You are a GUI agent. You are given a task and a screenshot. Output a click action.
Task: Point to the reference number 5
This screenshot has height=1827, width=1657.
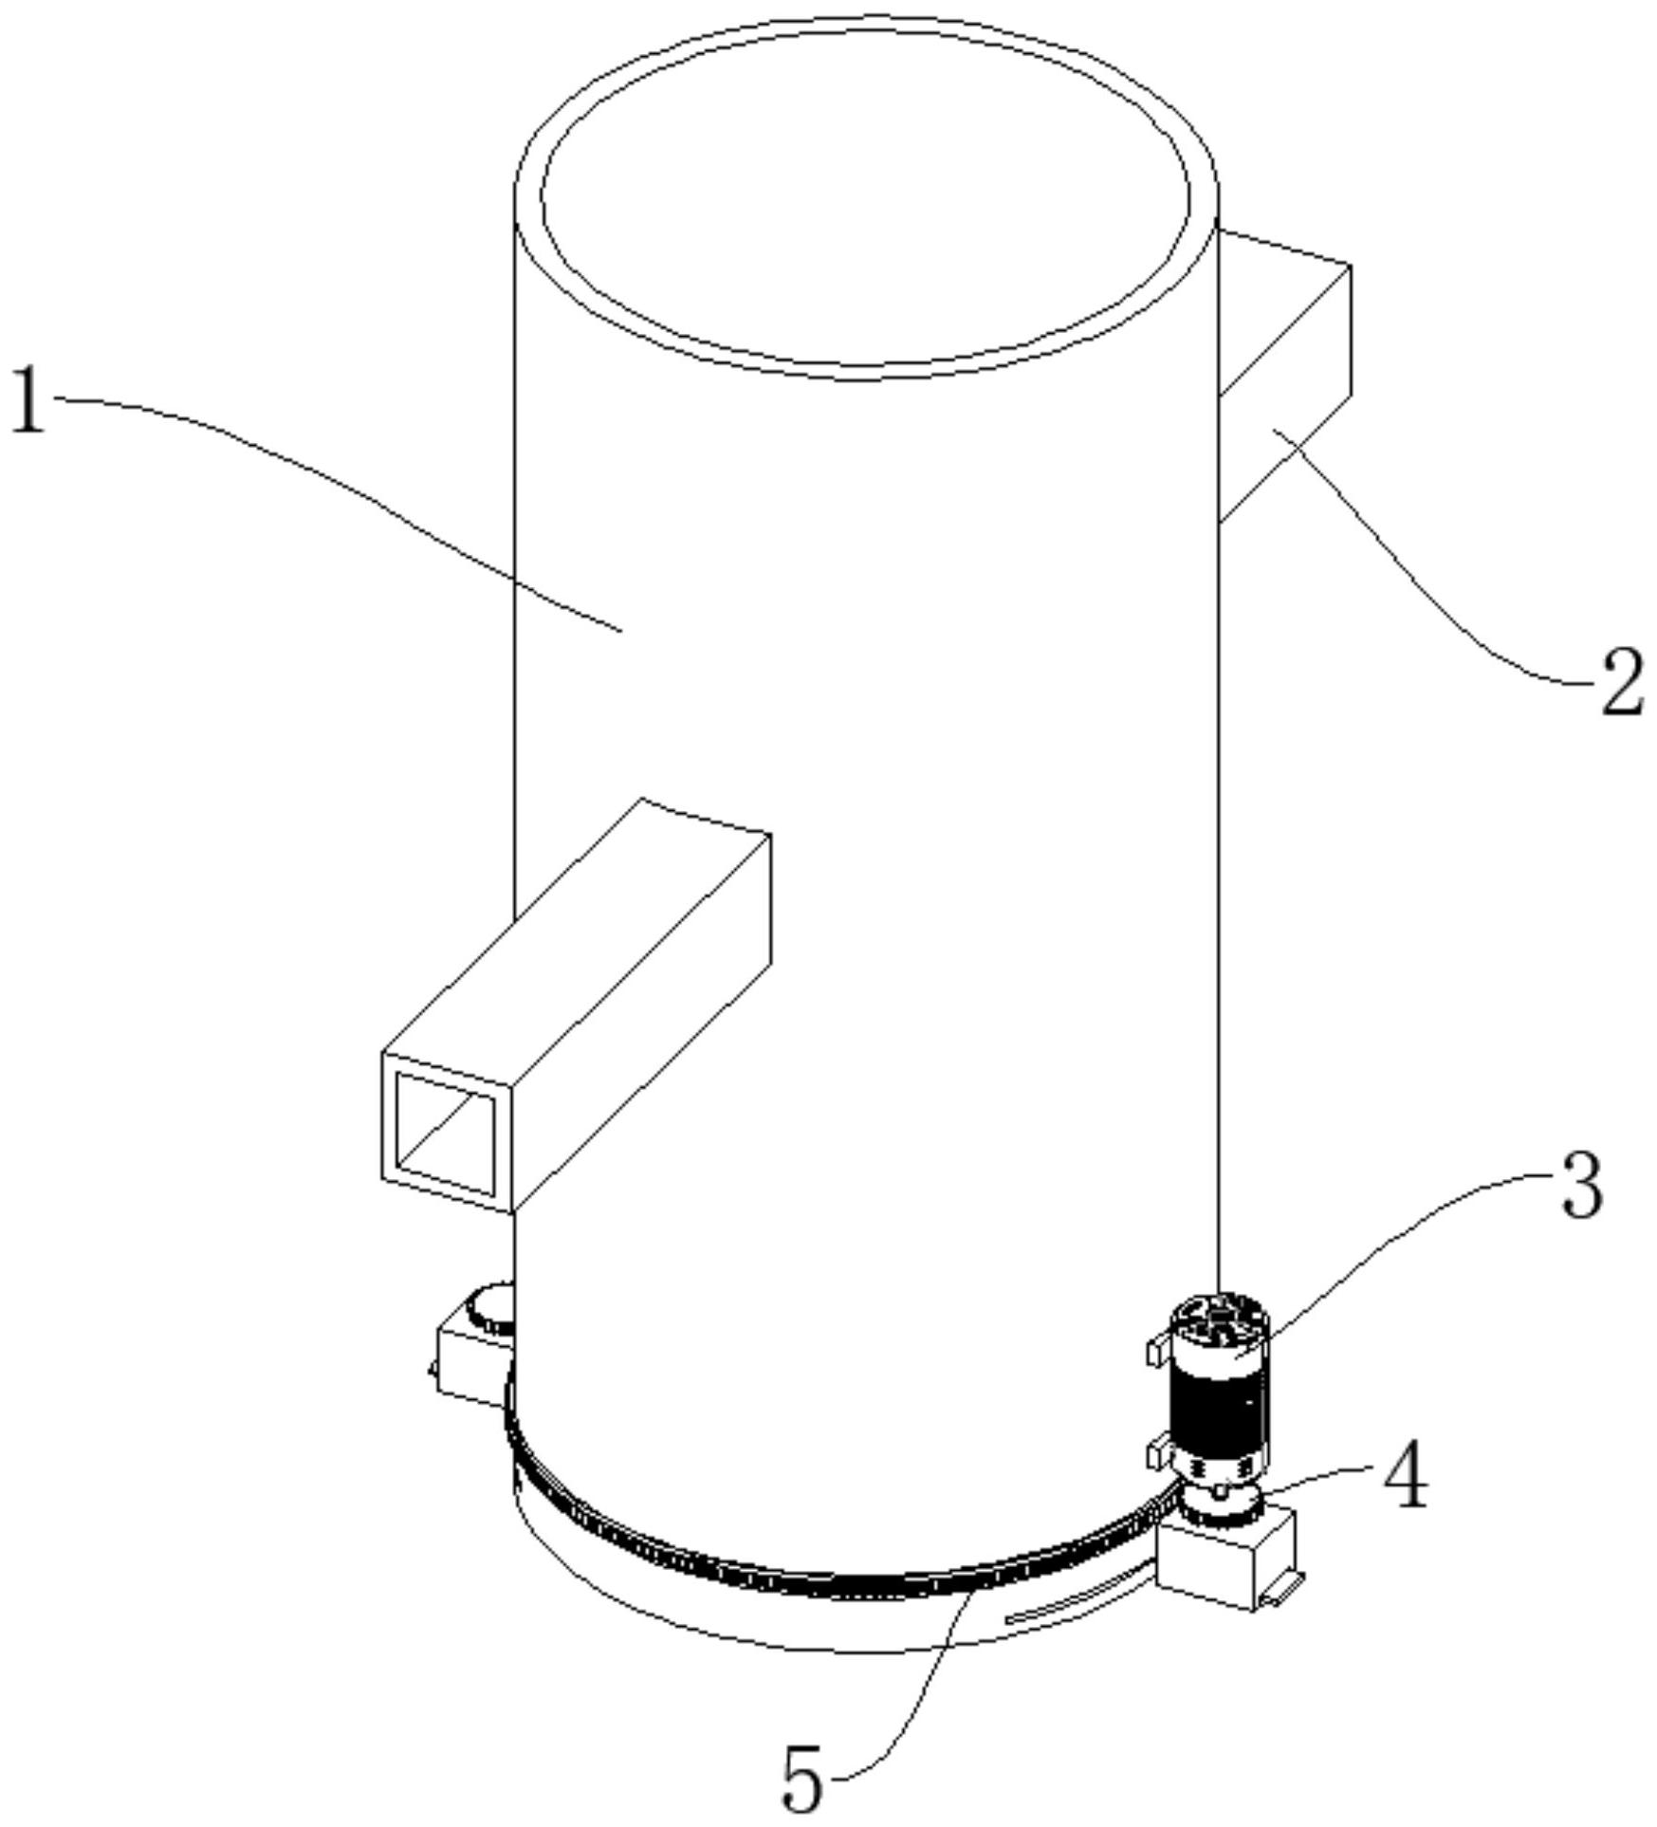pos(802,1782)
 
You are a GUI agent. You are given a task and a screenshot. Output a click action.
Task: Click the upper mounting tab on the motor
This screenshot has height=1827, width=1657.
pos(1158,1350)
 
